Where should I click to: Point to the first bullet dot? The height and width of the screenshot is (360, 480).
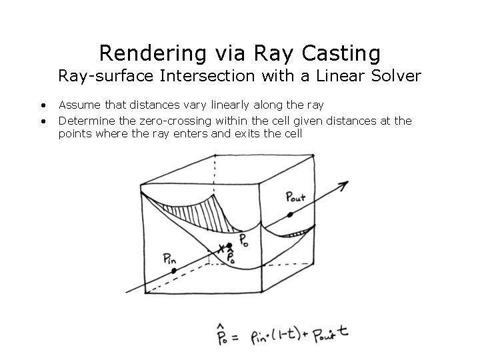pyautogui.click(x=43, y=105)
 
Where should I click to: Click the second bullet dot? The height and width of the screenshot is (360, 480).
pyautogui.click(x=43, y=121)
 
